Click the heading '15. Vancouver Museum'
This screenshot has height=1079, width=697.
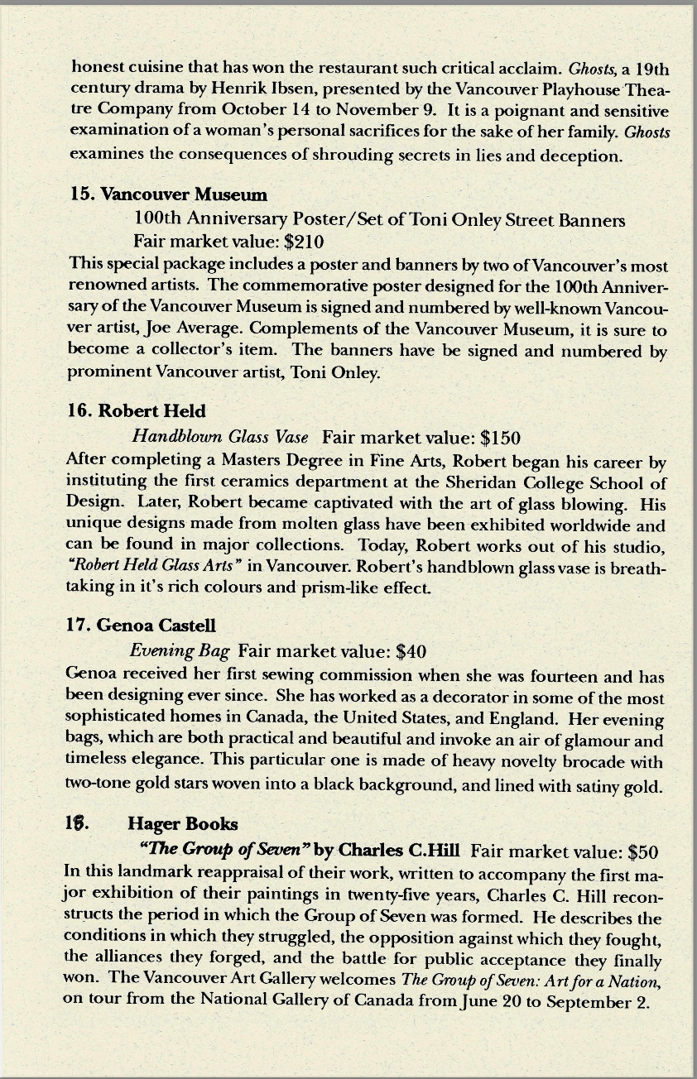point(169,194)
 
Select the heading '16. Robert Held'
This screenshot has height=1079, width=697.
point(136,411)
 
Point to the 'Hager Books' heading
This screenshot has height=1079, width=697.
point(182,823)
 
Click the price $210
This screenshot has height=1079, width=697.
point(303,242)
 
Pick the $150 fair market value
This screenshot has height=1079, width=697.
point(500,436)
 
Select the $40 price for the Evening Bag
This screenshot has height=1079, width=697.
point(411,651)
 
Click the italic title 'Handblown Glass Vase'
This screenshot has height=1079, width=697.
point(220,436)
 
